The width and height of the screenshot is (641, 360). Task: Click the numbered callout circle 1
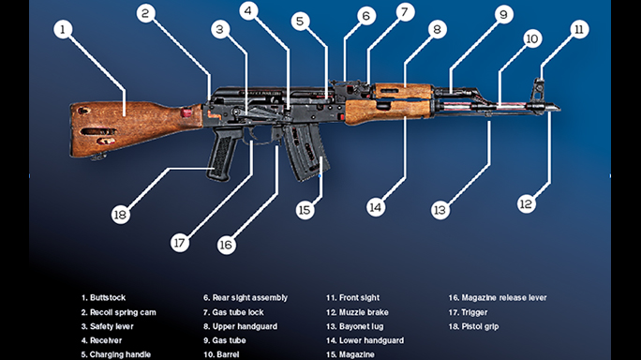pyautogui.click(x=64, y=29)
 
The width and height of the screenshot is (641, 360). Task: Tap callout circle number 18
pyautogui.click(x=120, y=214)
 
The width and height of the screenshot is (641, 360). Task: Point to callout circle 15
pyautogui.click(x=305, y=210)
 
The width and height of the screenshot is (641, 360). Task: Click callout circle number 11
pyautogui.click(x=579, y=29)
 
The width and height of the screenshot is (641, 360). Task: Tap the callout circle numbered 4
pyautogui.click(x=248, y=11)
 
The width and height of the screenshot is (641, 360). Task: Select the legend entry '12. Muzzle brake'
pyautogui.click(x=358, y=312)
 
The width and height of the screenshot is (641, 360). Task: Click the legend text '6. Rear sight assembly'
pyautogui.click(x=245, y=297)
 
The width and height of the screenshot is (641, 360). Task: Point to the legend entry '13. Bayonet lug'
pyautogui.click(x=354, y=327)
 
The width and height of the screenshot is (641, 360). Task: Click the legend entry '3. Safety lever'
pyautogui.click(x=107, y=327)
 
